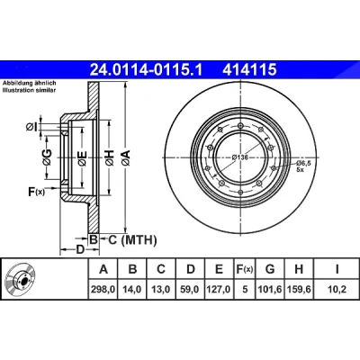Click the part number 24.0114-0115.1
pos(147,70)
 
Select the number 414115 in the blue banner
pos(249,70)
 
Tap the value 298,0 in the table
pos(103,290)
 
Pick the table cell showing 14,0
pos(132,290)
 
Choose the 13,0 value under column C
pos(161,290)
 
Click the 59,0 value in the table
pos(191,290)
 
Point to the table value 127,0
pos(220,290)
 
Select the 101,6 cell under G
pos(270,290)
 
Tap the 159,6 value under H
pos(299,290)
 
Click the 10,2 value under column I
pos(337,290)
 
